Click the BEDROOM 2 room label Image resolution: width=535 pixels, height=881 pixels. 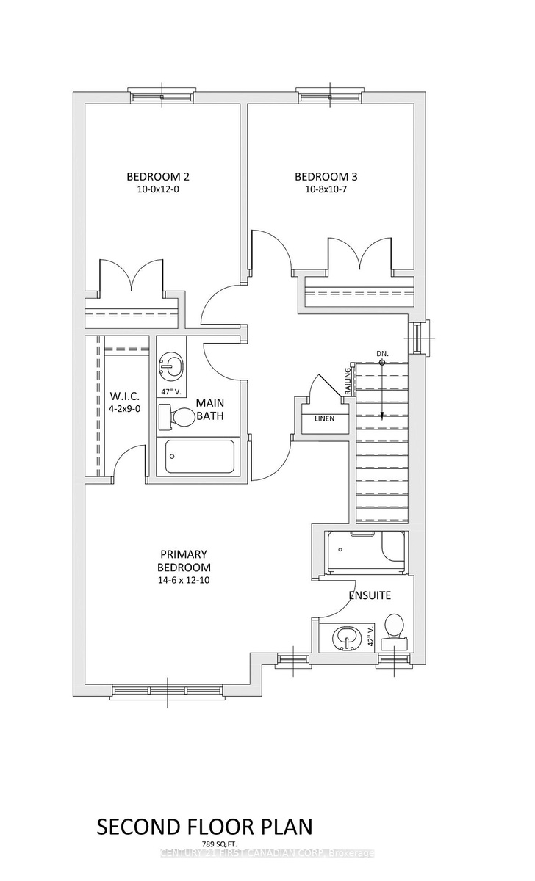[x=158, y=177]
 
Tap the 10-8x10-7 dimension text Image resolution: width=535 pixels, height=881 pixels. [x=326, y=189]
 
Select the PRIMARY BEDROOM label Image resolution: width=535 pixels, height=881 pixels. [x=184, y=561]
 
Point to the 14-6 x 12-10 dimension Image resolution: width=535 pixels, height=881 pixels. [x=184, y=580]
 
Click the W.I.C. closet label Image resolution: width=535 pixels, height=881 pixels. [x=124, y=396]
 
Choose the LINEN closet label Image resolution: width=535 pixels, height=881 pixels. [x=325, y=418]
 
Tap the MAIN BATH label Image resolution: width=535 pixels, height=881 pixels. [x=210, y=409]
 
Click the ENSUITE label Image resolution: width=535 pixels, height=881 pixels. [x=370, y=595]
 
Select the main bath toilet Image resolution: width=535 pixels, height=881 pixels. [x=177, y=417]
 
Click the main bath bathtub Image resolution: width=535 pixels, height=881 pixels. [x=200, y=456]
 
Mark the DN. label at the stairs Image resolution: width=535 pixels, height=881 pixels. [x=382, y=354]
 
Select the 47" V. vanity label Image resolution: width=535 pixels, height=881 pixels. [x=170, y=392]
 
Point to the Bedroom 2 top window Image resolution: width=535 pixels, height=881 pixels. [x=162, y=97]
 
